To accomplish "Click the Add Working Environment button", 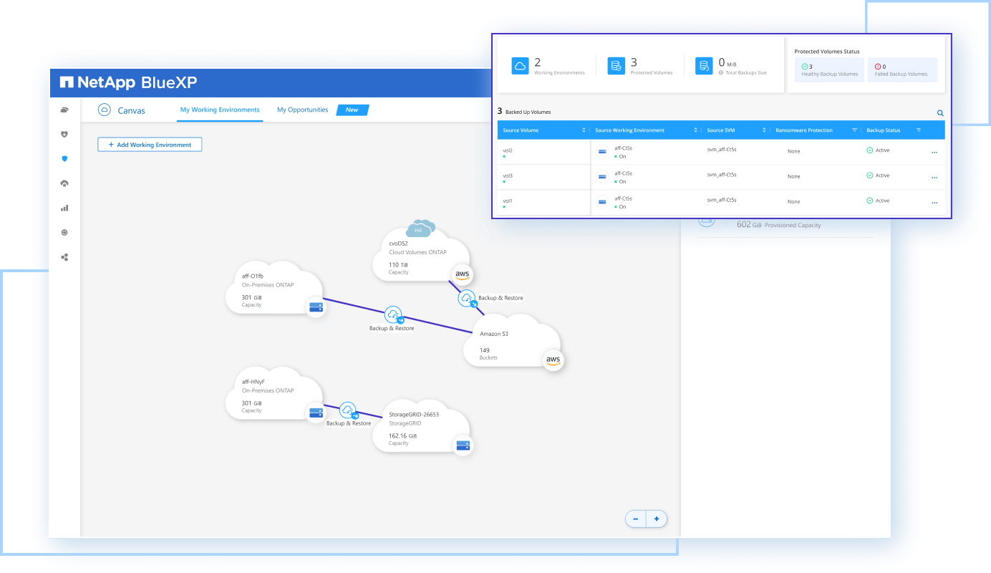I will pyautogui.click(x=150, y=145).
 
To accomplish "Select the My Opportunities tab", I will pyautogui.click(x=302, y=110).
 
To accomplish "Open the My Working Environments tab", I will pyautogui.click(x=220, y=110).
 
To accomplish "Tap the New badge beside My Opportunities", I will pyautogui.click(x=352, y=110).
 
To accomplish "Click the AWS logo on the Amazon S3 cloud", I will pyautogui.click(x=552, y=360).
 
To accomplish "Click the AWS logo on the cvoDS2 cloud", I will pyautogui.click(x=463, y=274).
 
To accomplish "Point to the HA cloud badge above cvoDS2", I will pyautogui.click(x=420, y=229).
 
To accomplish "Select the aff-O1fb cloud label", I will pyautogui.click(x=252, y=276).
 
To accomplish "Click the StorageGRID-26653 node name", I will pyautogui.click(x=413, y=414).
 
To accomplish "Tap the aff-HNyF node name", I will pyautogui.click(x=253, y=382).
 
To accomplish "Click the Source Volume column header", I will pyautogui.click(x=521, y=130).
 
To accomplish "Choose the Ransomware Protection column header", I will pyautogui.click(x=804, y=130).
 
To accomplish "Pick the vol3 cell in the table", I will pyautogui.click(x=508, y=175).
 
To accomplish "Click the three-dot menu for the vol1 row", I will pyautogui.click(x=934, y=203).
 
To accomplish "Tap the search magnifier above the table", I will pyautogui.click(x=940, y=113).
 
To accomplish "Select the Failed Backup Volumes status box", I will pyautogui.click(x=901, y=69).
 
